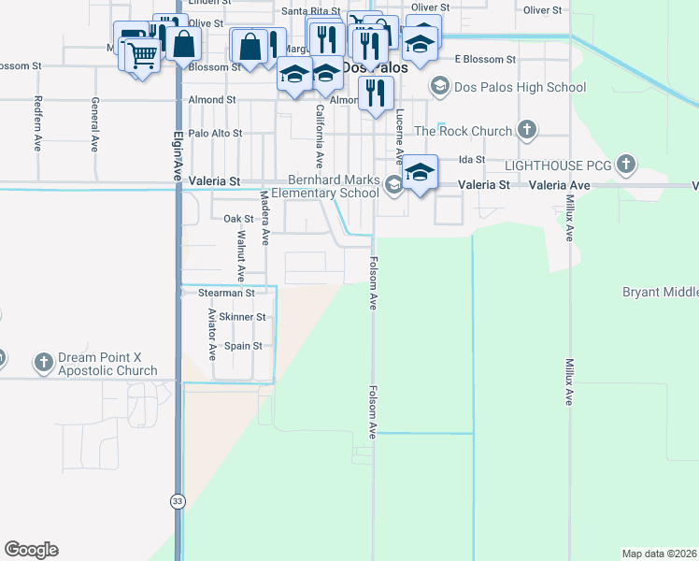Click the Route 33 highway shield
point(178,501)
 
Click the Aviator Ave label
point(212,334)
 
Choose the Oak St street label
point(238,219)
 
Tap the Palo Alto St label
point(216,134)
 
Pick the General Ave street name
point(94,123)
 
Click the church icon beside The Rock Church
point(527,131)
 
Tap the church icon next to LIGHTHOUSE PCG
point(625,165)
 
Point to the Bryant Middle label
point(661,293)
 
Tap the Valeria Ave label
point(560,186)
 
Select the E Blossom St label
point(485,59)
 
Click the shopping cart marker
point(142,56)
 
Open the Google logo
point(31,550)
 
